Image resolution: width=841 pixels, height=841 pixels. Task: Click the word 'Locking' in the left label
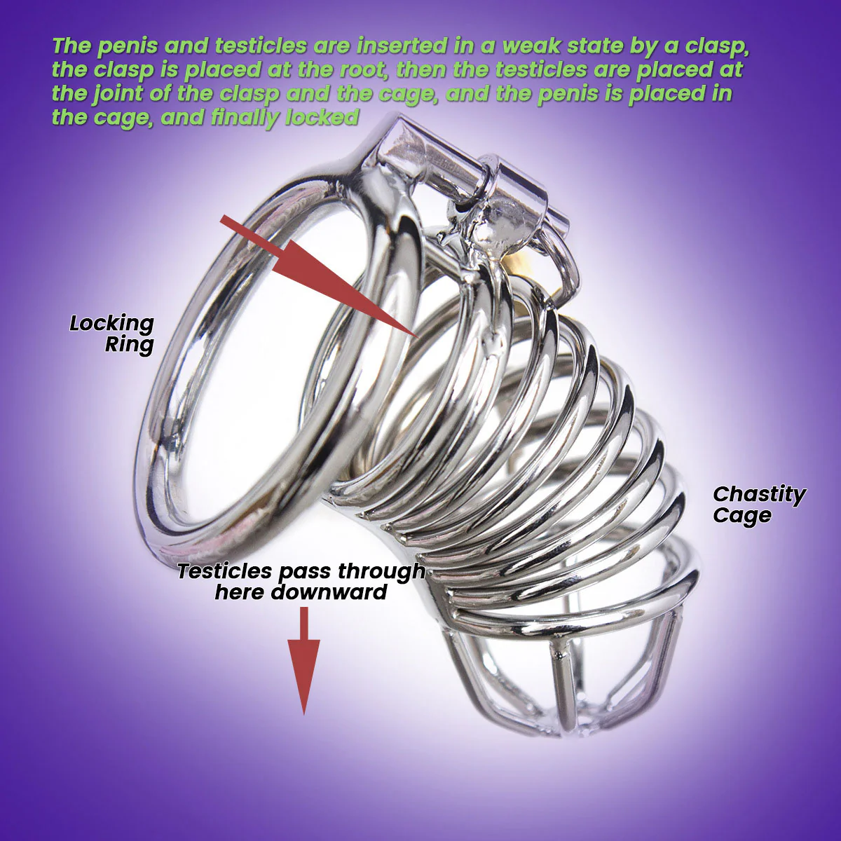[111, 323]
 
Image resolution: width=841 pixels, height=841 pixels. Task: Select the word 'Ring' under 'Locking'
[129, 344]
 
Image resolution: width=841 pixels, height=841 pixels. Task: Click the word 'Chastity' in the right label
[759, 494]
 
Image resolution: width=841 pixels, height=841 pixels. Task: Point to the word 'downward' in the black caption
[329, 592]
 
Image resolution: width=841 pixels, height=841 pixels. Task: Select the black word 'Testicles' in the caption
[224, 571]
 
